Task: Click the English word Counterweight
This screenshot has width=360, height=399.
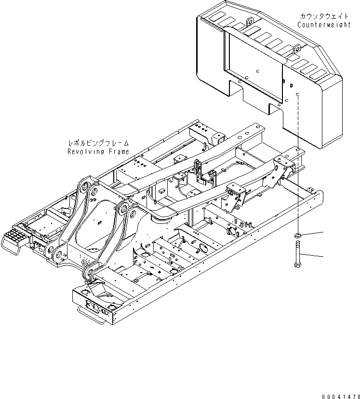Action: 324,25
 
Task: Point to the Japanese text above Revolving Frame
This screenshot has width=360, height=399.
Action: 99,143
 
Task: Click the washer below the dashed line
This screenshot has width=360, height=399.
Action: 298,235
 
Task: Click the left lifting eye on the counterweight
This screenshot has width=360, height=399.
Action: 249,21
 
